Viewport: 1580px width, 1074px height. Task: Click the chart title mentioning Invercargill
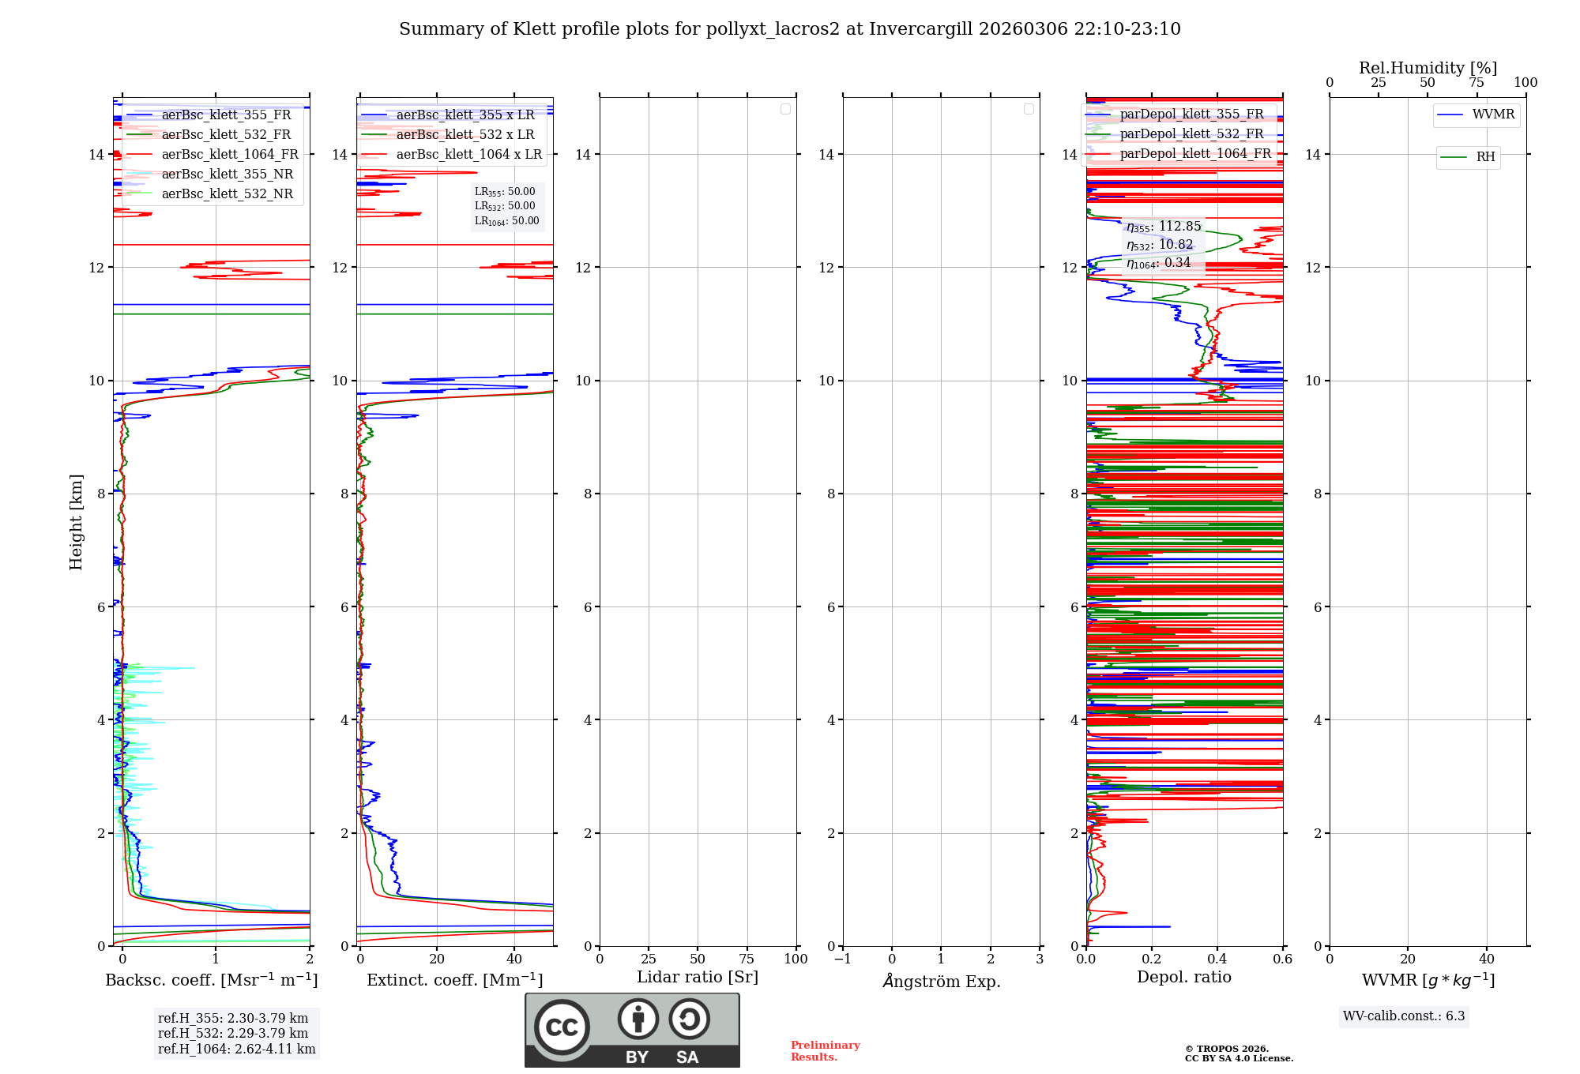[x=789, y=29]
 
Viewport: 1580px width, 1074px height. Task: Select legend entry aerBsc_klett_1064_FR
[x=229, y=155]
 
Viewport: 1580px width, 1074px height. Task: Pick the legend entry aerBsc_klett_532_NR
[x=227, y=194]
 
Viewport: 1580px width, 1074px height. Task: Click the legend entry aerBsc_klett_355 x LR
[x=465, y=115]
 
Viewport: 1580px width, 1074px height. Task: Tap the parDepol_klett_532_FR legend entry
[x=1191, y=134]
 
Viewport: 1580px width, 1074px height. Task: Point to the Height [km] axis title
[x=76, y=522]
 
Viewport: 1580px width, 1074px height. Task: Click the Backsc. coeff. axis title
[x=211, y=980]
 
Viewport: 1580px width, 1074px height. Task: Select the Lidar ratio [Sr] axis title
[x=698, y=978]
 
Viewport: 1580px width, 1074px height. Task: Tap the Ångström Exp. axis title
[x=941, y=981]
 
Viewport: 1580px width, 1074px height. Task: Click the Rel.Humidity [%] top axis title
[x=1428, y=68]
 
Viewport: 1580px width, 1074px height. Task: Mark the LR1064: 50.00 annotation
[x=506, y=221]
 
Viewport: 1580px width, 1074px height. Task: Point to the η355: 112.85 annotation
[x=1163, y=227]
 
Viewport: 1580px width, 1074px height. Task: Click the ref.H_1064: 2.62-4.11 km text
[x=236, y=1050]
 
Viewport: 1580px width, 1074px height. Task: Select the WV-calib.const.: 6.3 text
[x=1404, y=1016]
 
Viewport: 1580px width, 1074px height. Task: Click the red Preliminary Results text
[x=825, y=1051]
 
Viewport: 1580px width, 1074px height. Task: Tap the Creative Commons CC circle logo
[x=562, y=1027]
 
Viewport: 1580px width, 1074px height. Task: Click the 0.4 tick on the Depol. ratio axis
[x=1217, y=959]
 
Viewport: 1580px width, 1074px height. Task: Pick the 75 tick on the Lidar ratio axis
[x=747, y=959]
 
